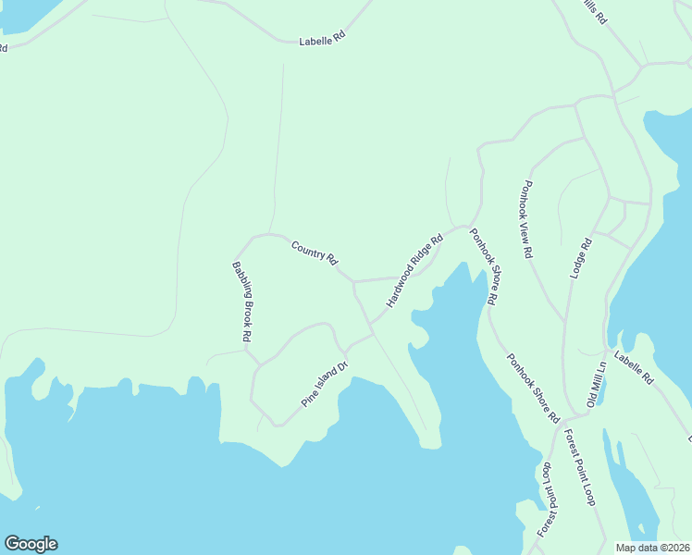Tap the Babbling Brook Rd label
coord(241,302)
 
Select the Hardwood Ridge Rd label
coord(414,271)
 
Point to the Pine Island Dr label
coord(324,385)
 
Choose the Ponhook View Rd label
coord(526,219)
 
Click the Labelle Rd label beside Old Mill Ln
coord(633,372)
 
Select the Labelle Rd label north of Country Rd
coord(321,40)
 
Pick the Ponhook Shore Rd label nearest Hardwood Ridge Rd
coord(483,266)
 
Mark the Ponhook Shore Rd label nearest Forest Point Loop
coord(533,388)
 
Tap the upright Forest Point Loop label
coord(579,468)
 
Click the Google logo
coord(31,544)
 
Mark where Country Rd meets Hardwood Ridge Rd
coord(353,279)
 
